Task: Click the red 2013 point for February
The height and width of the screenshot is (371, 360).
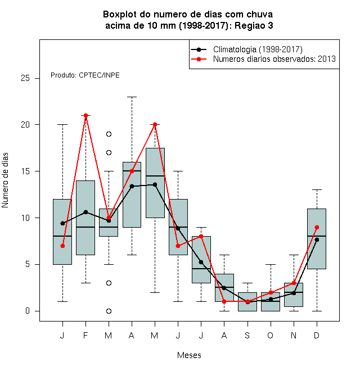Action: [85, 115]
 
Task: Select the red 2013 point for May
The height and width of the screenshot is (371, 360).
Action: [155, 124]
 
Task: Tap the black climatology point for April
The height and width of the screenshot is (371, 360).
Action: [132, 187]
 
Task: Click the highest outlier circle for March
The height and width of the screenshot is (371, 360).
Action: [109, 134]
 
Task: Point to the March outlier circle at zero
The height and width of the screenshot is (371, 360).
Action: [109, 311]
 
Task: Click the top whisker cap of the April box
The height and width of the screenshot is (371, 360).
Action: [132, 97]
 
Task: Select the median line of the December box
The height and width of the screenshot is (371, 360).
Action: [317, 236]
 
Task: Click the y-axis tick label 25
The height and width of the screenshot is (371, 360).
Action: [25, 78]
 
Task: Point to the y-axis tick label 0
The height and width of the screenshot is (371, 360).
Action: [28, 311]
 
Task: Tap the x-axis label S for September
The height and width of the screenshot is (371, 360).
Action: [247, 336]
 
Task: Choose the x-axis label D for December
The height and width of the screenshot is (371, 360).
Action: [317, 336]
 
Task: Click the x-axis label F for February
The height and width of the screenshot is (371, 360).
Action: [85, 336]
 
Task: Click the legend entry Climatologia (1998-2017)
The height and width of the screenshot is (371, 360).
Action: [246, 49]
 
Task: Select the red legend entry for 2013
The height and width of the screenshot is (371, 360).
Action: [263, 59]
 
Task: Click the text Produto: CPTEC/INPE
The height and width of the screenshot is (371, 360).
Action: [85, 75]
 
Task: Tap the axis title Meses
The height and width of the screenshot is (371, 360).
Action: [189, 355]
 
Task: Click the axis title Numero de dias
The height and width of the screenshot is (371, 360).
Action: [5, 180]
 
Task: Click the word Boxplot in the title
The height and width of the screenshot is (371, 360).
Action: [120, 15]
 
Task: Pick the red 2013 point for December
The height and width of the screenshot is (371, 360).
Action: [317, 228]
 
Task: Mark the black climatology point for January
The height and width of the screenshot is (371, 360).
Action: [62, 223]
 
